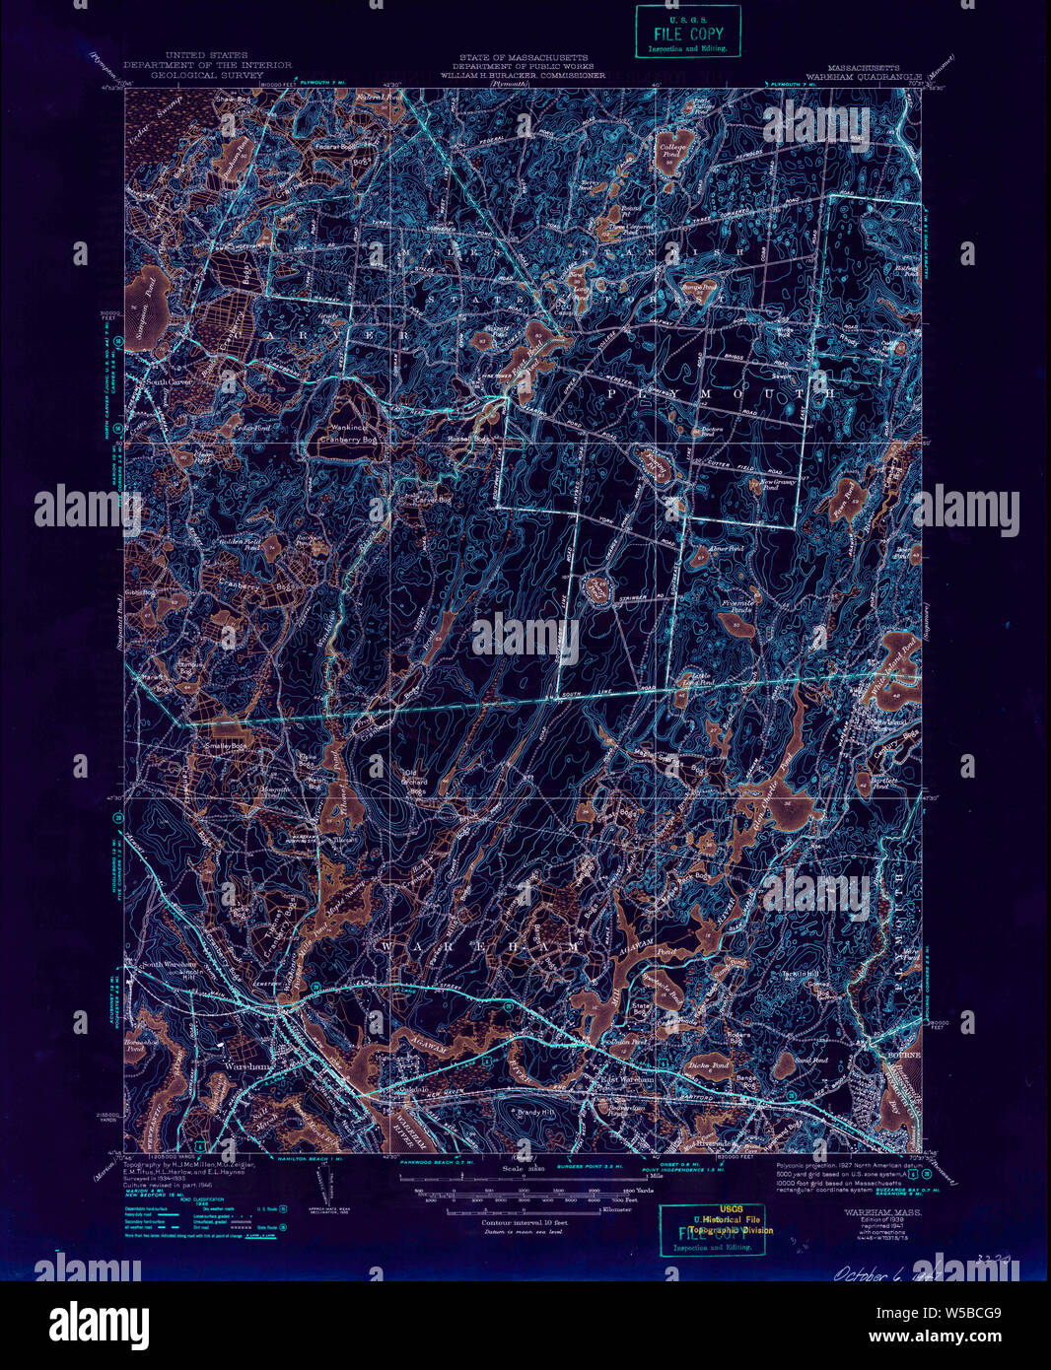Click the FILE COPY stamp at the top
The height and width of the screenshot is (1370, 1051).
coord(687,32)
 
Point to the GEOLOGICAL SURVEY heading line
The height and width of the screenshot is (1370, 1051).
coord(207,74)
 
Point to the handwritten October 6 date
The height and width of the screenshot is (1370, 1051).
coord(874,1272)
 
